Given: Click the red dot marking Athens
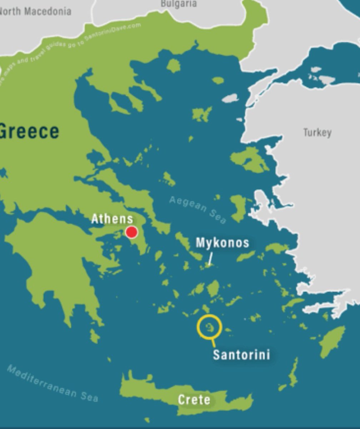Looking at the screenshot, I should pyautogui.click(x=132, y=232).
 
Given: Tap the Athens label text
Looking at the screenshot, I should pyautogui.click(x=112, y=219).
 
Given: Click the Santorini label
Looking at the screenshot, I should pyautogui.click(x=241, y=355).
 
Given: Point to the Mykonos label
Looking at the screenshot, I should pyautogui.click(x=222, y=243).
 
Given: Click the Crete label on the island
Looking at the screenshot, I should pyautogui.click(x=194, y=400).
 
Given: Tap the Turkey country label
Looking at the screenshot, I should pyautogui.click(x=317, y=133).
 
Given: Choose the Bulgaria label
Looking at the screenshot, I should pyautogui.click(x=179, y=4).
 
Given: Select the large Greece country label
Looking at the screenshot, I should pyautogui.click(x=29, y=131).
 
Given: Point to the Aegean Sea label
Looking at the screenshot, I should pyautogui.click(x=197, y=209).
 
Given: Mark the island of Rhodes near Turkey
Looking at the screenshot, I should pyautogui.click(x=332, y=341).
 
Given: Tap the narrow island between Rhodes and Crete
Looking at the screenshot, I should pyautogui.click(x=294, y=372).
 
